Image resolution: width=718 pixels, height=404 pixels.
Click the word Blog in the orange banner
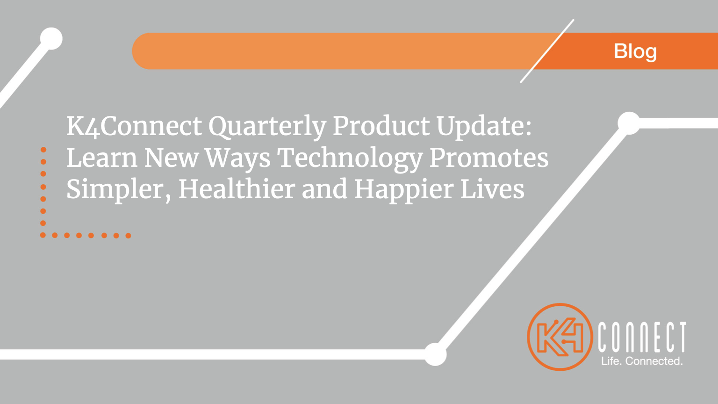click(x=635, y=52)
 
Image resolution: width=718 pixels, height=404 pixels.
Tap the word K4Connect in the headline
click(x=134, y=126)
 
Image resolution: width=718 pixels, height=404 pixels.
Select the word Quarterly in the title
click(x=267, y=127)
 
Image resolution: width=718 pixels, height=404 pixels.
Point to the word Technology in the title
click(x=350, y=159)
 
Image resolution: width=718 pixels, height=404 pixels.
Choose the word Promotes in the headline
click(x=489, y=158)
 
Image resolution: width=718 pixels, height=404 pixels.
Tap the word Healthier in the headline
click(x=237, y=189)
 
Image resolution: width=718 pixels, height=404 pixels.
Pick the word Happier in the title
click(x=404, y=190)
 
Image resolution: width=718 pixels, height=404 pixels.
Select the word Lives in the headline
click(x=492, y=189)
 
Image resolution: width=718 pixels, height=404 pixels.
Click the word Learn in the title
click(x=102, y=158)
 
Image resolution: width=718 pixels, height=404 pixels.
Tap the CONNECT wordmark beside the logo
click(x=642, y=337)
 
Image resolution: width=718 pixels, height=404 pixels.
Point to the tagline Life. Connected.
click(x=642, y=361)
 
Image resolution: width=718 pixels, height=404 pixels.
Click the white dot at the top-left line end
click(x=51, y=39)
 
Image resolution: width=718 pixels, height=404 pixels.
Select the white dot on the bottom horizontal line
click(x=435, y=354)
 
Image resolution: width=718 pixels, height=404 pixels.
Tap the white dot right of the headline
click(x=629, y=123)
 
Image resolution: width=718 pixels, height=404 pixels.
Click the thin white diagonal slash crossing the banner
click(x=547, y=51)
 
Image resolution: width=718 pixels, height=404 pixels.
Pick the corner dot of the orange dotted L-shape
click(x=43, y=235)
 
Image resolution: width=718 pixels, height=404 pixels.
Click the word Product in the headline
click(x=381, y=126)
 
